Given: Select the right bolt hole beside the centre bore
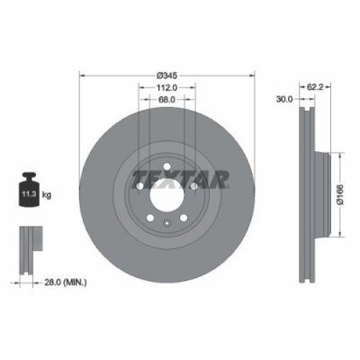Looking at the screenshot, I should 194,185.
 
